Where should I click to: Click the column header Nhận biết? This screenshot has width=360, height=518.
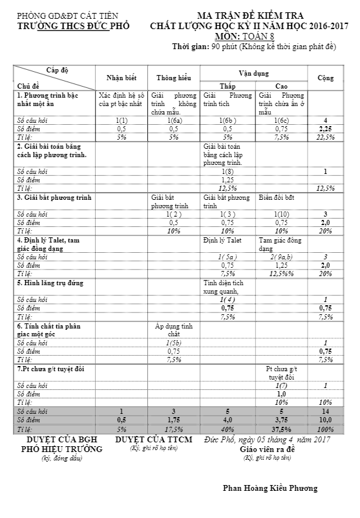click(121, 78)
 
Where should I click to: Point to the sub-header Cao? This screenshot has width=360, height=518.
click(281, 85)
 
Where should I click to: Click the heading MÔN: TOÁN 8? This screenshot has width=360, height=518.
click(253, 36)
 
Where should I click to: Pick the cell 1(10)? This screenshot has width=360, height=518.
click(281, 213)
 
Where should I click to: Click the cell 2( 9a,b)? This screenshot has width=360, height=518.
click(281, 257)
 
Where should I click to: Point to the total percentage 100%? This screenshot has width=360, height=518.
click(326, 429)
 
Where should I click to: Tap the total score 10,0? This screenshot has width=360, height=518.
click(326, 420)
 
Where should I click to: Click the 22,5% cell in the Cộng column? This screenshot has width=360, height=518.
click(326, 137)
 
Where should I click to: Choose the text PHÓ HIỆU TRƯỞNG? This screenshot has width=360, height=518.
click(62, 449)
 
